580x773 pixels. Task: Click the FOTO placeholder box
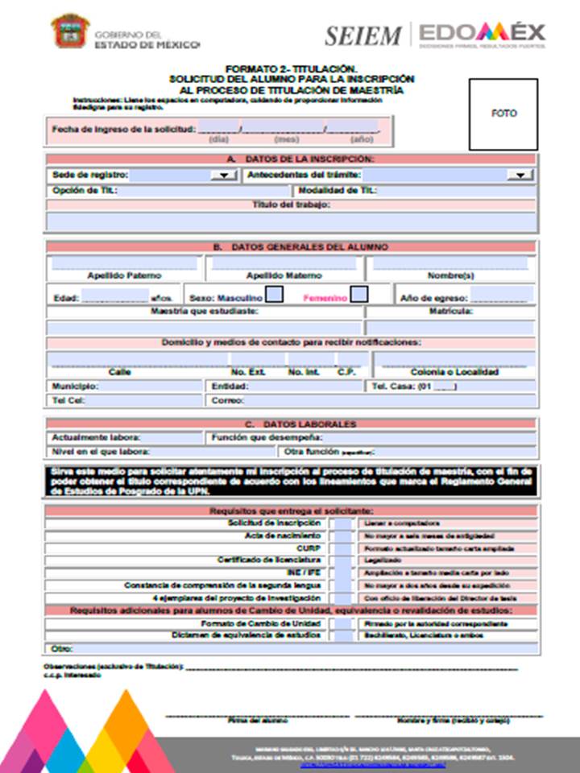(x=503, y=114)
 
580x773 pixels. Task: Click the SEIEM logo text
(x=362, y=35)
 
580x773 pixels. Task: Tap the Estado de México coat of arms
(x=70, y=31)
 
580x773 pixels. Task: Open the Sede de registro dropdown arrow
(x=221, y=175)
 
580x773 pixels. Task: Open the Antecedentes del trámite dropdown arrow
(x=516, y=175)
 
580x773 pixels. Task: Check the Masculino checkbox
(x=274, y=295)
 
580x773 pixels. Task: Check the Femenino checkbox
(x=359, y=295)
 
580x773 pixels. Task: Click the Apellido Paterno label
(x=124, y=276)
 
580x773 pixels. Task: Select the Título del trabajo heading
(x=291, y=205)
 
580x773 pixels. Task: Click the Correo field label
(x=227, y=399)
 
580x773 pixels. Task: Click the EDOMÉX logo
(x=482, y=33)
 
